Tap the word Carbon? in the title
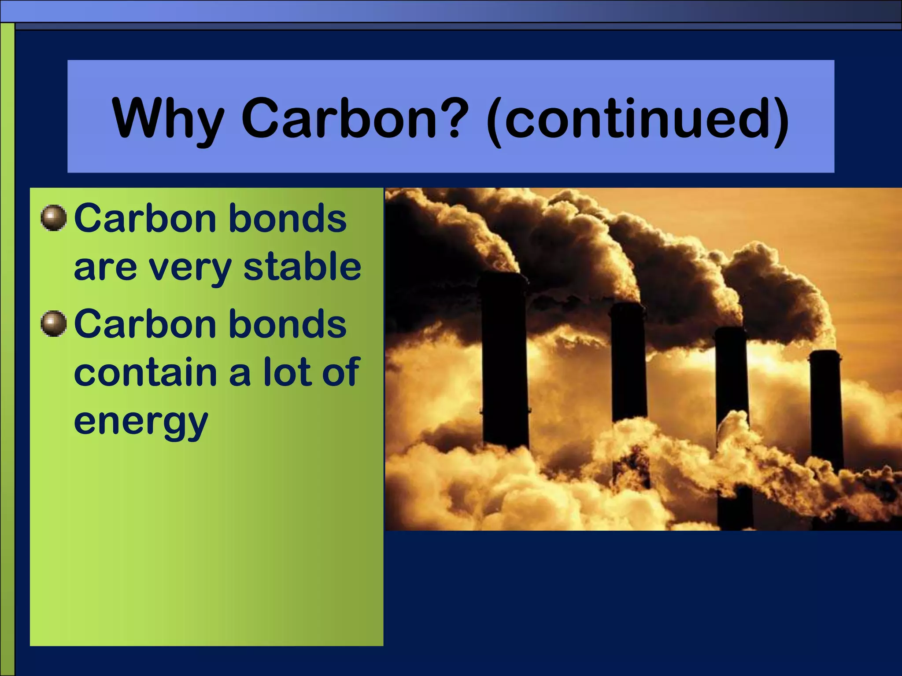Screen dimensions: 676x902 355,118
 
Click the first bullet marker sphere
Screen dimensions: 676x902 54,218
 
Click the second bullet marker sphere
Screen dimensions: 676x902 54,324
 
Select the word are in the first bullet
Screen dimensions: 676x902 105,268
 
